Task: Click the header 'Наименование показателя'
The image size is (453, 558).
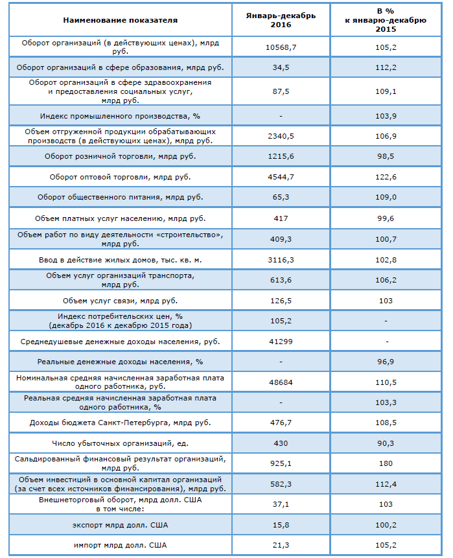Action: coord(121,20)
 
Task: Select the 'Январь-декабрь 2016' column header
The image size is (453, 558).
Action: coord(281,20)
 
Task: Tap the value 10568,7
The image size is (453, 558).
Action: coord(281,47)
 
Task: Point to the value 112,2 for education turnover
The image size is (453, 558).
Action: coord(386,67)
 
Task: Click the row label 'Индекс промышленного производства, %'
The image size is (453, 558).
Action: coord(121,117)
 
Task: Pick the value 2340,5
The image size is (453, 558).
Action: coord(281,136)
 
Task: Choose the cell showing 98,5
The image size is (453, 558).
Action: coord(386,157)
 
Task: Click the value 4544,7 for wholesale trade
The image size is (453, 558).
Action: coord(281,177)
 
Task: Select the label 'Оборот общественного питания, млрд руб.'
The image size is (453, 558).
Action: coord(121,197)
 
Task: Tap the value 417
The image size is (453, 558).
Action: coord(281,218)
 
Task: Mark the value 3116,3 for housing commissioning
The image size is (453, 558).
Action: coord(281,260)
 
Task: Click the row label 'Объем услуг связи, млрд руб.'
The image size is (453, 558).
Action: coord(121,301)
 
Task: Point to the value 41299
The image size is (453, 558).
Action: coord(281,342)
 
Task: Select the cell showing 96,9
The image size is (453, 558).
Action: coord(386,362)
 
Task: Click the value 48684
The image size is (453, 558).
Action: coord(281,382)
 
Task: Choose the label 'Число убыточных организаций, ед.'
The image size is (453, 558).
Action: coord(121,443)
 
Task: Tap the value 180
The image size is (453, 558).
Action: coord(386,463)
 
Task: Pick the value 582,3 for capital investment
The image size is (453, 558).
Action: coord(281,484)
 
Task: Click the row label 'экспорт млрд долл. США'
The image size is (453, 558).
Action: coord(121,525)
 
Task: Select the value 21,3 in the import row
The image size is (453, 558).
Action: coord(281,545)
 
